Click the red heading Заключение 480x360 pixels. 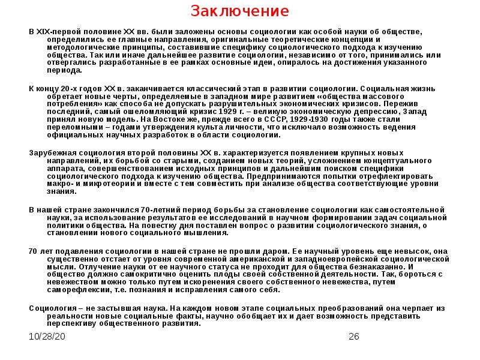click(x=240, y=11)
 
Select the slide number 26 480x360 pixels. click(x=353, y=336)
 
